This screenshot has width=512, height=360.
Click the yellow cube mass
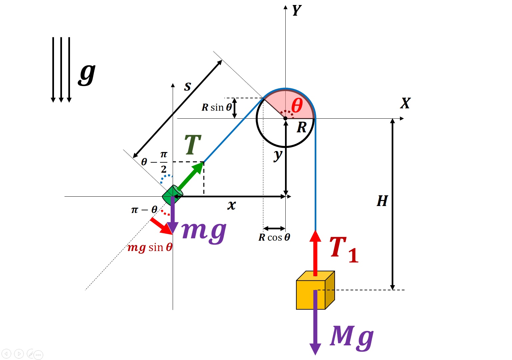(x=315, y=290)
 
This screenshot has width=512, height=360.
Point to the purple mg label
(x=204, y=232)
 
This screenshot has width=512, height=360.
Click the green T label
(x=193, y=144)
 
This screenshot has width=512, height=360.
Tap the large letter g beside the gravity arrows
(x=87, y=74)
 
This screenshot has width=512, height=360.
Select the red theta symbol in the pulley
(x=297, y=105)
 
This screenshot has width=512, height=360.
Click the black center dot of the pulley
(x=285, y=118)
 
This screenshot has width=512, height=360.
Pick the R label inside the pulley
(x=302, y=127)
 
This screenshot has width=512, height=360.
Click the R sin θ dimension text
(x=217, y=107)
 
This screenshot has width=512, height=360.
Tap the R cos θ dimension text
(x=274, y=237)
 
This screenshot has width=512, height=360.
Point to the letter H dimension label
(x=382, y=201)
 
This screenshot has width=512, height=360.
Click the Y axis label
(x=297, y=10)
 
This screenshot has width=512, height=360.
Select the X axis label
(x=405, y=103)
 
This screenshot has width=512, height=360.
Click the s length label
(x=187, y=87)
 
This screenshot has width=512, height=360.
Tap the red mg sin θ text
(x=150, y=248)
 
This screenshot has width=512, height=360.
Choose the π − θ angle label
(x=144, y=210)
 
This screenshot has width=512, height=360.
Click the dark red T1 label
(x=344, y=249)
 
